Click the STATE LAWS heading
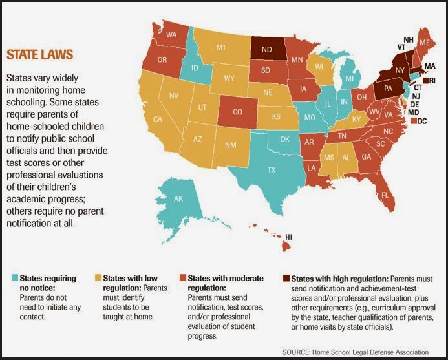pos(39,54)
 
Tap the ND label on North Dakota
pos(266,49)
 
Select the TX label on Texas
pos(272,170)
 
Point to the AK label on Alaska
pos(178,198)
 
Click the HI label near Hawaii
pos(288,237)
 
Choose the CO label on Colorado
pos(237,112)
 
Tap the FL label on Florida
pos(385,195)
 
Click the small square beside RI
pos(426,81)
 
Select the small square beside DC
pos(414,121)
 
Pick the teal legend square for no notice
pos(15,278)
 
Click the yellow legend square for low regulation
pos(98,278)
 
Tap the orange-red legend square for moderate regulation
pos(182,278)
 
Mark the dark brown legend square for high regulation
pos(286,278)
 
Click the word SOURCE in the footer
pos(295,352)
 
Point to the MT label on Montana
pos(221,48)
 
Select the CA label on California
pos(158,119)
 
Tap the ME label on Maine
pos(425,43)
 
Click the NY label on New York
pos(400,70)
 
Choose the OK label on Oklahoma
pos(284,139)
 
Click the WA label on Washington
pos(171,35)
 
